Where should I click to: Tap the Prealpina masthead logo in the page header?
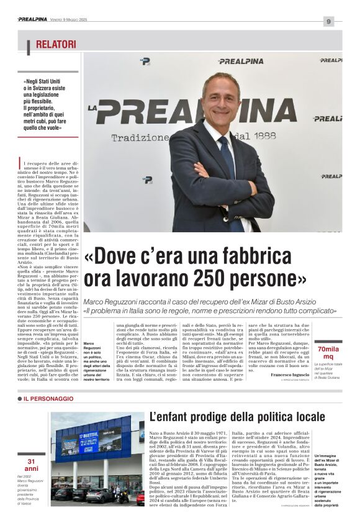click(x=32, y=19)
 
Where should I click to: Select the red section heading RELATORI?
click(x=56, y=45)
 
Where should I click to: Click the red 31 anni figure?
click(x=32, y=465)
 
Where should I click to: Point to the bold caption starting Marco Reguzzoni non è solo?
click(x=96, y=361)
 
